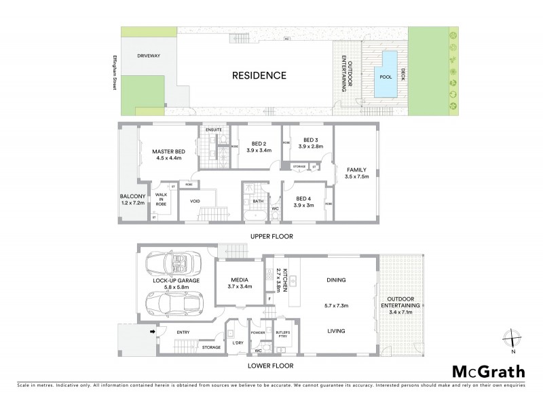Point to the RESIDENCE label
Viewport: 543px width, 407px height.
point(260,75)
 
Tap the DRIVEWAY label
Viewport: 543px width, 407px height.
point(148,56)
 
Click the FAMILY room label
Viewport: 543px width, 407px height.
point(357,170)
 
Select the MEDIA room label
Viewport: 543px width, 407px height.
point(238,279)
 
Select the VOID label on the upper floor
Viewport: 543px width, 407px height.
point(195,201)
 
